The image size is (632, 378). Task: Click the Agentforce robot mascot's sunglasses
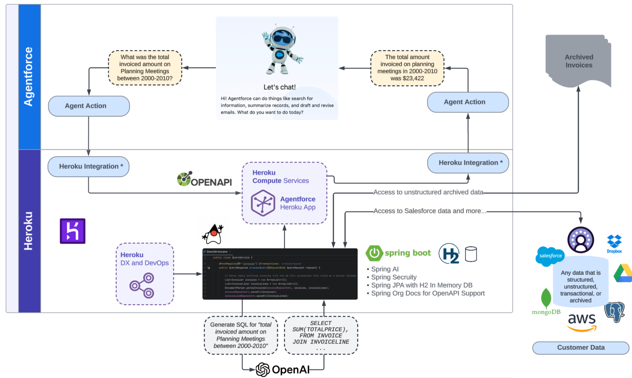click(283, 39)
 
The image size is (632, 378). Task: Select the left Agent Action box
click(89, 106)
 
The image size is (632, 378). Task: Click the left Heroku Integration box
click(89, 166)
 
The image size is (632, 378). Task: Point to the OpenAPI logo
click(205, 179)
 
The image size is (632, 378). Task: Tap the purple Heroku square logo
click(72, 231)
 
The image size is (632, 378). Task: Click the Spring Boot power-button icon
click(374, 253)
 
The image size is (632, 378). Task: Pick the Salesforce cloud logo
click(550, 256)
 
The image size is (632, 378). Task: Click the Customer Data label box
click(580, 348)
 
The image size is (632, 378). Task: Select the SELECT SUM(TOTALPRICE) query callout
click(321, 335)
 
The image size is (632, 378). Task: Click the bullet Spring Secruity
click(393, 277)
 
